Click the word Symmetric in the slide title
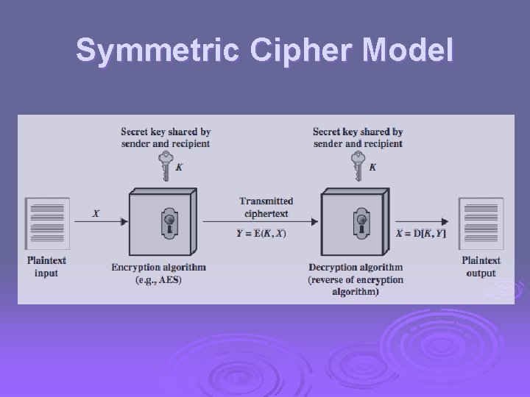[x=141, y=51]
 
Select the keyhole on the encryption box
[x=169, y=222]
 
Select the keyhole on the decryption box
[x=361, y=222]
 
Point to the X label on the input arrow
[x=96, y=214]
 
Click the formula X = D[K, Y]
[x=421, y=234]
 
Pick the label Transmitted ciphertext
[x=266, y=207]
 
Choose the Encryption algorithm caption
[x=158, y=273]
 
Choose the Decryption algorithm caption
[x=356, y=279]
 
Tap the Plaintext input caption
[x=46, y=267]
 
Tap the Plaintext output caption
[x=481, y=267]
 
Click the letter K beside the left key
[x=179, y=168]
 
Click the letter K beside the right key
[x=372, y=168]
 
